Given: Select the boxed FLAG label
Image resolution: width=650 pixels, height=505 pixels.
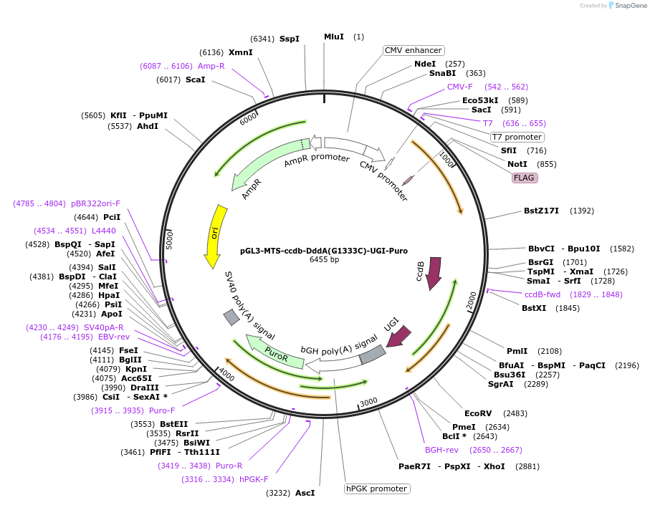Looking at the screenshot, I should coord(525,178).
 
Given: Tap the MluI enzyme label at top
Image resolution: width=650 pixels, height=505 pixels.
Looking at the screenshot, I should coord(334,37).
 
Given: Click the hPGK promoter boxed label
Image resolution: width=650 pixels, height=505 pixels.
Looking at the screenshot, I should coord(377,489).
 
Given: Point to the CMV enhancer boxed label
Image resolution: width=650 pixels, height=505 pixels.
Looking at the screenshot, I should coord(414,50).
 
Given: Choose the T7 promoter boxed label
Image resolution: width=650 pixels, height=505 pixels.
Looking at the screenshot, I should coord(517,137).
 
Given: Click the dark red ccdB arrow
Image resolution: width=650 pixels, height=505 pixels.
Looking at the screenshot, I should coord(433,274).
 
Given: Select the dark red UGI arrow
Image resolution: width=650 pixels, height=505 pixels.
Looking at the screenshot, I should coord(398,335).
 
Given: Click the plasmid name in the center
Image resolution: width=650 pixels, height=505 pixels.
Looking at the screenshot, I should coord(324,251).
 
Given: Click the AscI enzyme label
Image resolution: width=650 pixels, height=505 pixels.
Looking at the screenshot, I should coord(305,493).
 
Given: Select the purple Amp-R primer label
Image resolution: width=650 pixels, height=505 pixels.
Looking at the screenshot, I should coord(211,66).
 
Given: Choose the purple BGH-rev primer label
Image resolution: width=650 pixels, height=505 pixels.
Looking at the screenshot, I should coord(441,450).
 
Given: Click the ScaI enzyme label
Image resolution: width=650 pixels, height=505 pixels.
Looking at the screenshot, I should coord(195,80).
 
